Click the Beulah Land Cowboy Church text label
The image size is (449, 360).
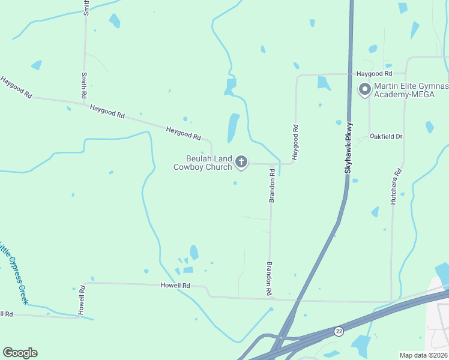pos(202,163)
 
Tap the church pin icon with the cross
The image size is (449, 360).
pos(241,161)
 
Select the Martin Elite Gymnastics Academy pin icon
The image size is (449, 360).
pos(364,90)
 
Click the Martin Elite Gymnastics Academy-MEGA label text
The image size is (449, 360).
pos(411,90)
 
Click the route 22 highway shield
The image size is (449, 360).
pos(339,331)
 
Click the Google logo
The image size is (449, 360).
pos(20,353)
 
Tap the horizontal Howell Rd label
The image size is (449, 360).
pos(175,286)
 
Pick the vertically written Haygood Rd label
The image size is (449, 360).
pos(295,142)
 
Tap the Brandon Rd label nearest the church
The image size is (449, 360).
pos(272,185)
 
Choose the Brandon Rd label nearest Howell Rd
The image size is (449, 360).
pos(270,278)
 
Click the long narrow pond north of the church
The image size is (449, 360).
pos(233,128)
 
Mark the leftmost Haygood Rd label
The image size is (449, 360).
pos(16,88)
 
